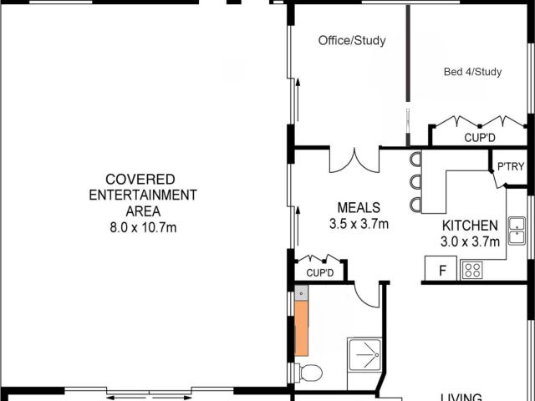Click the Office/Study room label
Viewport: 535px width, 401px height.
352,40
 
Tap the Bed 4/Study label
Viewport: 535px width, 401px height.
472,72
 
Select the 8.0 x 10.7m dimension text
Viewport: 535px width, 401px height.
140,227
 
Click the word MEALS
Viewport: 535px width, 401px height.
359,208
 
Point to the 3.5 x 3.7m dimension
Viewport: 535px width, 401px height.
359,223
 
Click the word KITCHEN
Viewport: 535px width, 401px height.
470,226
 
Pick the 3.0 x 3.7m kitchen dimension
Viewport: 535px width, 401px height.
470,241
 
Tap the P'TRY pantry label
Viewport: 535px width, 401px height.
510,167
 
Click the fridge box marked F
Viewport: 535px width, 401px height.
442,270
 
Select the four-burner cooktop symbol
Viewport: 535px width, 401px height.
472,270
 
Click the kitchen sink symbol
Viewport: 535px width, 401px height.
517,230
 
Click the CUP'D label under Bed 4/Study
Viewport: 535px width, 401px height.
480,138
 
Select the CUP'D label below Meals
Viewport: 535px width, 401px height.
320,273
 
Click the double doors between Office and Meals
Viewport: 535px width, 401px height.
354,160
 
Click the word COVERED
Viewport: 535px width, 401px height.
140,180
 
